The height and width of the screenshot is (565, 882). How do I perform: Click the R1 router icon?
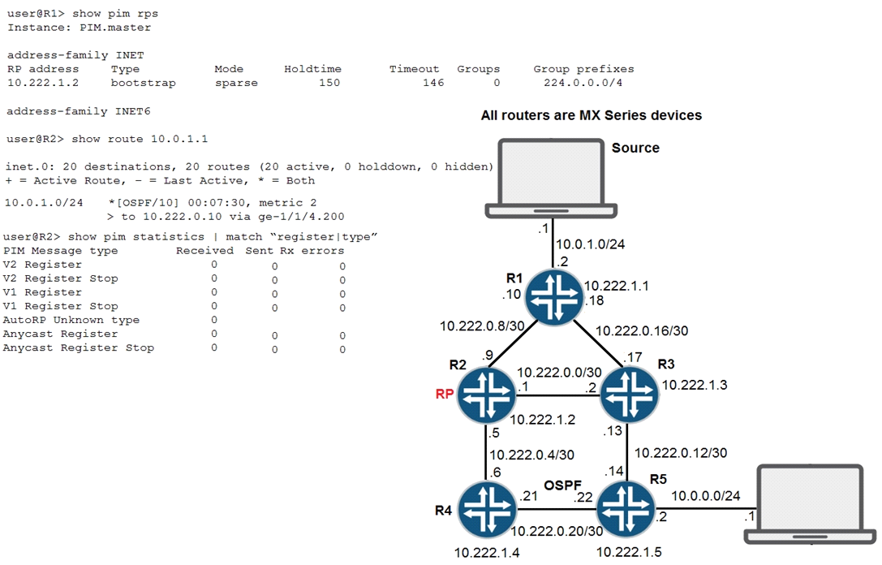[x=554, y=298]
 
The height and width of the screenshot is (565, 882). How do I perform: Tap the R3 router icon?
[x=628, y=395]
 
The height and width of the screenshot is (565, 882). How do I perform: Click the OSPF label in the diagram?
[x=559, y=485]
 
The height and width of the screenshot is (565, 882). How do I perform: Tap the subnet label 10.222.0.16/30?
[x=642, y=331]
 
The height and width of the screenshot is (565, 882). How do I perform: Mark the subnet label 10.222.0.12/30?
[x=681, y=452]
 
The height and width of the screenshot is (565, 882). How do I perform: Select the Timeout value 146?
[x=432, y=83]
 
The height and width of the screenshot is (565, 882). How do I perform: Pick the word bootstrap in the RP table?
[x=143, y=83]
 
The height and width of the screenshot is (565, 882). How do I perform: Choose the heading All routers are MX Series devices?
[x=591, y=115]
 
